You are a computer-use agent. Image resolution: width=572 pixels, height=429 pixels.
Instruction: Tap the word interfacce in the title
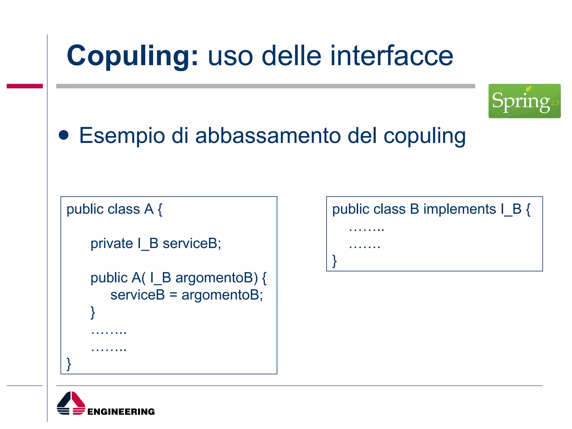click(x=392, y=56)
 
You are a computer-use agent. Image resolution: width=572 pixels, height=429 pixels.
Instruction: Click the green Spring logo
click(x=524, y=101)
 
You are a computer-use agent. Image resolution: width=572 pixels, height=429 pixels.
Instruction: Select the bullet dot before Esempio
click(x=64, y=135)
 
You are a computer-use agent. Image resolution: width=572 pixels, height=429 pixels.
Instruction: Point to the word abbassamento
click(x=268, y=136)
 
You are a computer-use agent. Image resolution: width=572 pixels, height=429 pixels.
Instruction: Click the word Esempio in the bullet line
click(x=122, y=136)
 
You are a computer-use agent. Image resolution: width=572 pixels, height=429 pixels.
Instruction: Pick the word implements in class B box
click(x=459, y=209)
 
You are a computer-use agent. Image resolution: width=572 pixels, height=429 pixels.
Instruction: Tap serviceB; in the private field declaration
click(x=192, y=243)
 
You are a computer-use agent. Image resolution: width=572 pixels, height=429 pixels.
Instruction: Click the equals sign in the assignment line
click(x=173, y=295)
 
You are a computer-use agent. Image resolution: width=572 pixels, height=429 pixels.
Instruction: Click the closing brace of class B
click(x=334, y=261)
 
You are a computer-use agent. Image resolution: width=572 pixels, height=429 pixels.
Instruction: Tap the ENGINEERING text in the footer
click(x=121, y=411)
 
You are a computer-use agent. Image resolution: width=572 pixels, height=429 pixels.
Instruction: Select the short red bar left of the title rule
click(x=25, y=86)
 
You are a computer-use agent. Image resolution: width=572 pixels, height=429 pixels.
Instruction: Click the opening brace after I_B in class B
click(x=528, y=209)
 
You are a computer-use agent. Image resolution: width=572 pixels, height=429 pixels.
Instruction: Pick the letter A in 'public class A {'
click(x=149, y=209)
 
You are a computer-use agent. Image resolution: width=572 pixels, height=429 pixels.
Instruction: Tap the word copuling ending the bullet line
click(x=424, y=136)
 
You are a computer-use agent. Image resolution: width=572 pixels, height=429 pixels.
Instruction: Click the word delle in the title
click(x=292, y=56)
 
